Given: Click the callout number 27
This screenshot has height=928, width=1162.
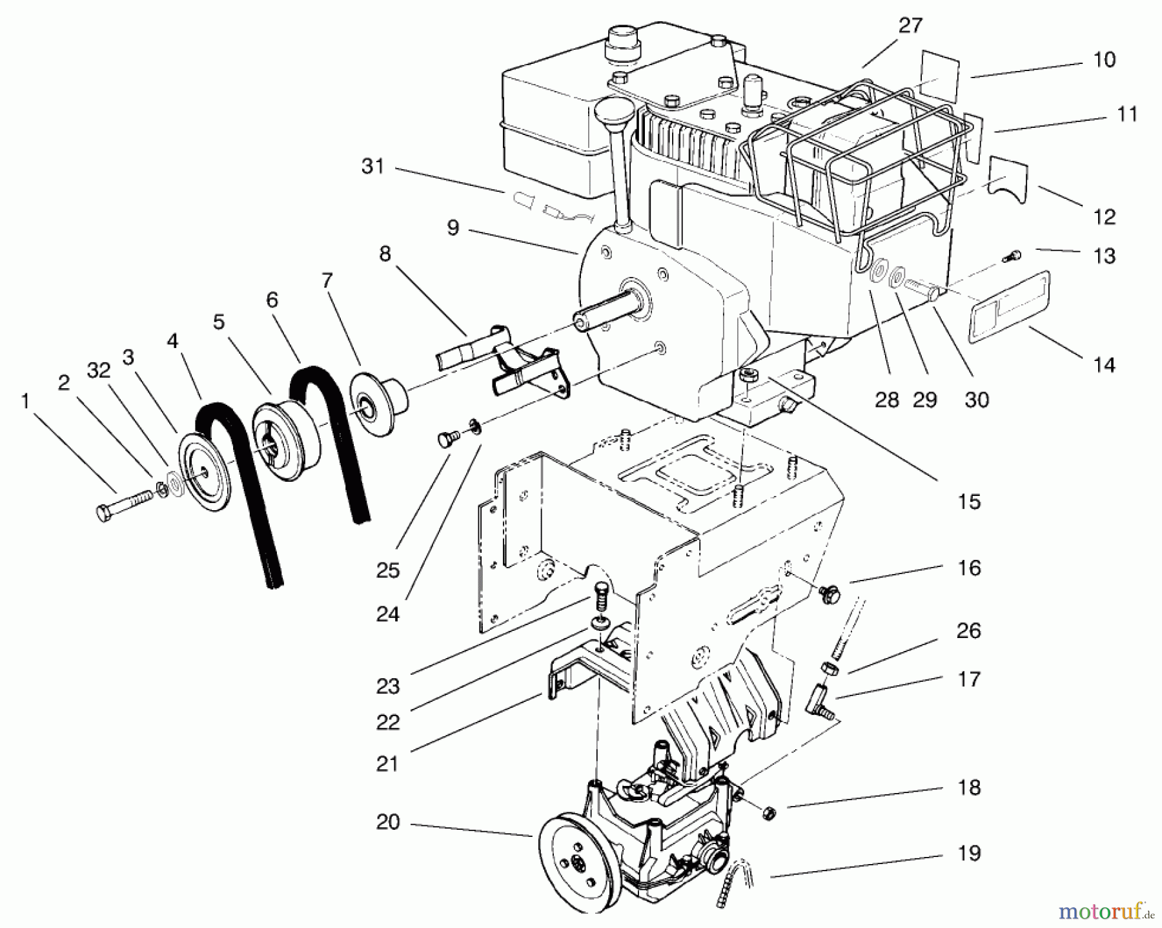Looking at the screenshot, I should pyautogui.click(x=910, y=26).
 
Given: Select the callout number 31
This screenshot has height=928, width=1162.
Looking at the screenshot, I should pyautogui.click(x=372, y=167).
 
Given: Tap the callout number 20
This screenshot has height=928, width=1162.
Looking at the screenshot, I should pyautogui.click(x=387, y=823).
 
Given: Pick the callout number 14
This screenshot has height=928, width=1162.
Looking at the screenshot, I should pyautogui.click(x=1105, y=366).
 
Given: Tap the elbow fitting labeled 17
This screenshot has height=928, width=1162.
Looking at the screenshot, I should pyautogui.click(x=817, y=702).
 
